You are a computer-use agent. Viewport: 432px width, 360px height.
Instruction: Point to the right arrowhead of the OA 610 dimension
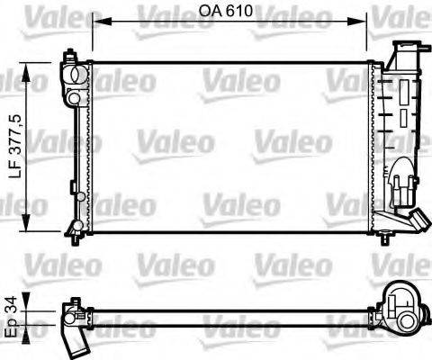tap(362, 19)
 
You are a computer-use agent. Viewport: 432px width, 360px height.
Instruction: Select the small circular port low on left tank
tap(79, 195)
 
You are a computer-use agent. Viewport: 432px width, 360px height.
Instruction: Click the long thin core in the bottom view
tap(229, 316)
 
